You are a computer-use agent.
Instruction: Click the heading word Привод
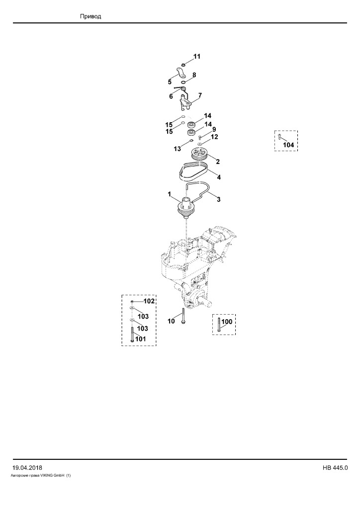point(90,16)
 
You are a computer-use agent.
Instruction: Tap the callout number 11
point(197,57)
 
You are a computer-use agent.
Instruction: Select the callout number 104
point(288,145)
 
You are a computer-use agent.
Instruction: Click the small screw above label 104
point(280,136)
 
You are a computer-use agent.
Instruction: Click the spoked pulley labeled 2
point(199,153)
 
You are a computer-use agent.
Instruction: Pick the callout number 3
point(219,199)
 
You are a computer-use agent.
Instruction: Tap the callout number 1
point(170,194)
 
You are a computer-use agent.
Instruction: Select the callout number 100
point(227,322)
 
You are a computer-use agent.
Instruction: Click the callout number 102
point(149,301)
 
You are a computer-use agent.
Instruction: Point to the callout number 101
point(141,339)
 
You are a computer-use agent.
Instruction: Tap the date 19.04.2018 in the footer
point(27,468)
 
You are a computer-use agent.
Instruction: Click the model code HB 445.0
point(335,468)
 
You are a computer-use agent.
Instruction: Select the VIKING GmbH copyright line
point(41,476)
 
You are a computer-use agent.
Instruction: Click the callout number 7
point(200,95)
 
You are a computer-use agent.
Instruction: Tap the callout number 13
point(177,149)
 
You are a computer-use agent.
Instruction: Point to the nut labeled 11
point(183,65)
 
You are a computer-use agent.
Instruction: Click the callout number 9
point(214,130)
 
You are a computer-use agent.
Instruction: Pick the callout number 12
point(214,137)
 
